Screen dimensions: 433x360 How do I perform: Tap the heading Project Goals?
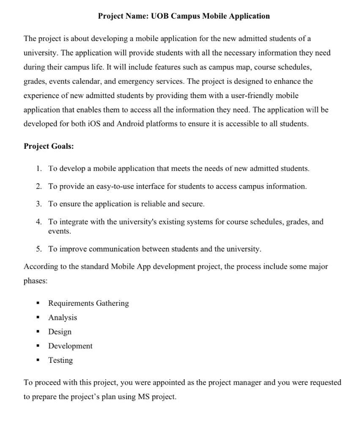point(49,146)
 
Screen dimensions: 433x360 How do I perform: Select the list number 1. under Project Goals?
point(38,168)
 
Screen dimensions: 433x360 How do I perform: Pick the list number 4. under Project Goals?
point(38,222)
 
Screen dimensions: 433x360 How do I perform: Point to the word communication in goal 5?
point(114,249)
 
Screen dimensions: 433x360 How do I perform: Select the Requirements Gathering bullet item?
point(88,303)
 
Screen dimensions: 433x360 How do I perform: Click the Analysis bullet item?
point(63,318)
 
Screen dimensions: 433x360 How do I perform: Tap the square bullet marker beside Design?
point(38,332)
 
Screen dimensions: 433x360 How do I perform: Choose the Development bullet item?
point(70,346)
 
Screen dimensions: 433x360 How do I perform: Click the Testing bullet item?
point(60,360)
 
